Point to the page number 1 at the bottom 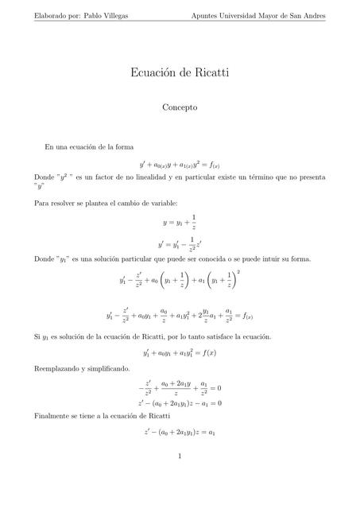pos(180,456)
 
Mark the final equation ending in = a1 pos(180,433)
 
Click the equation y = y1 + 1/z pos(180,223)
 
